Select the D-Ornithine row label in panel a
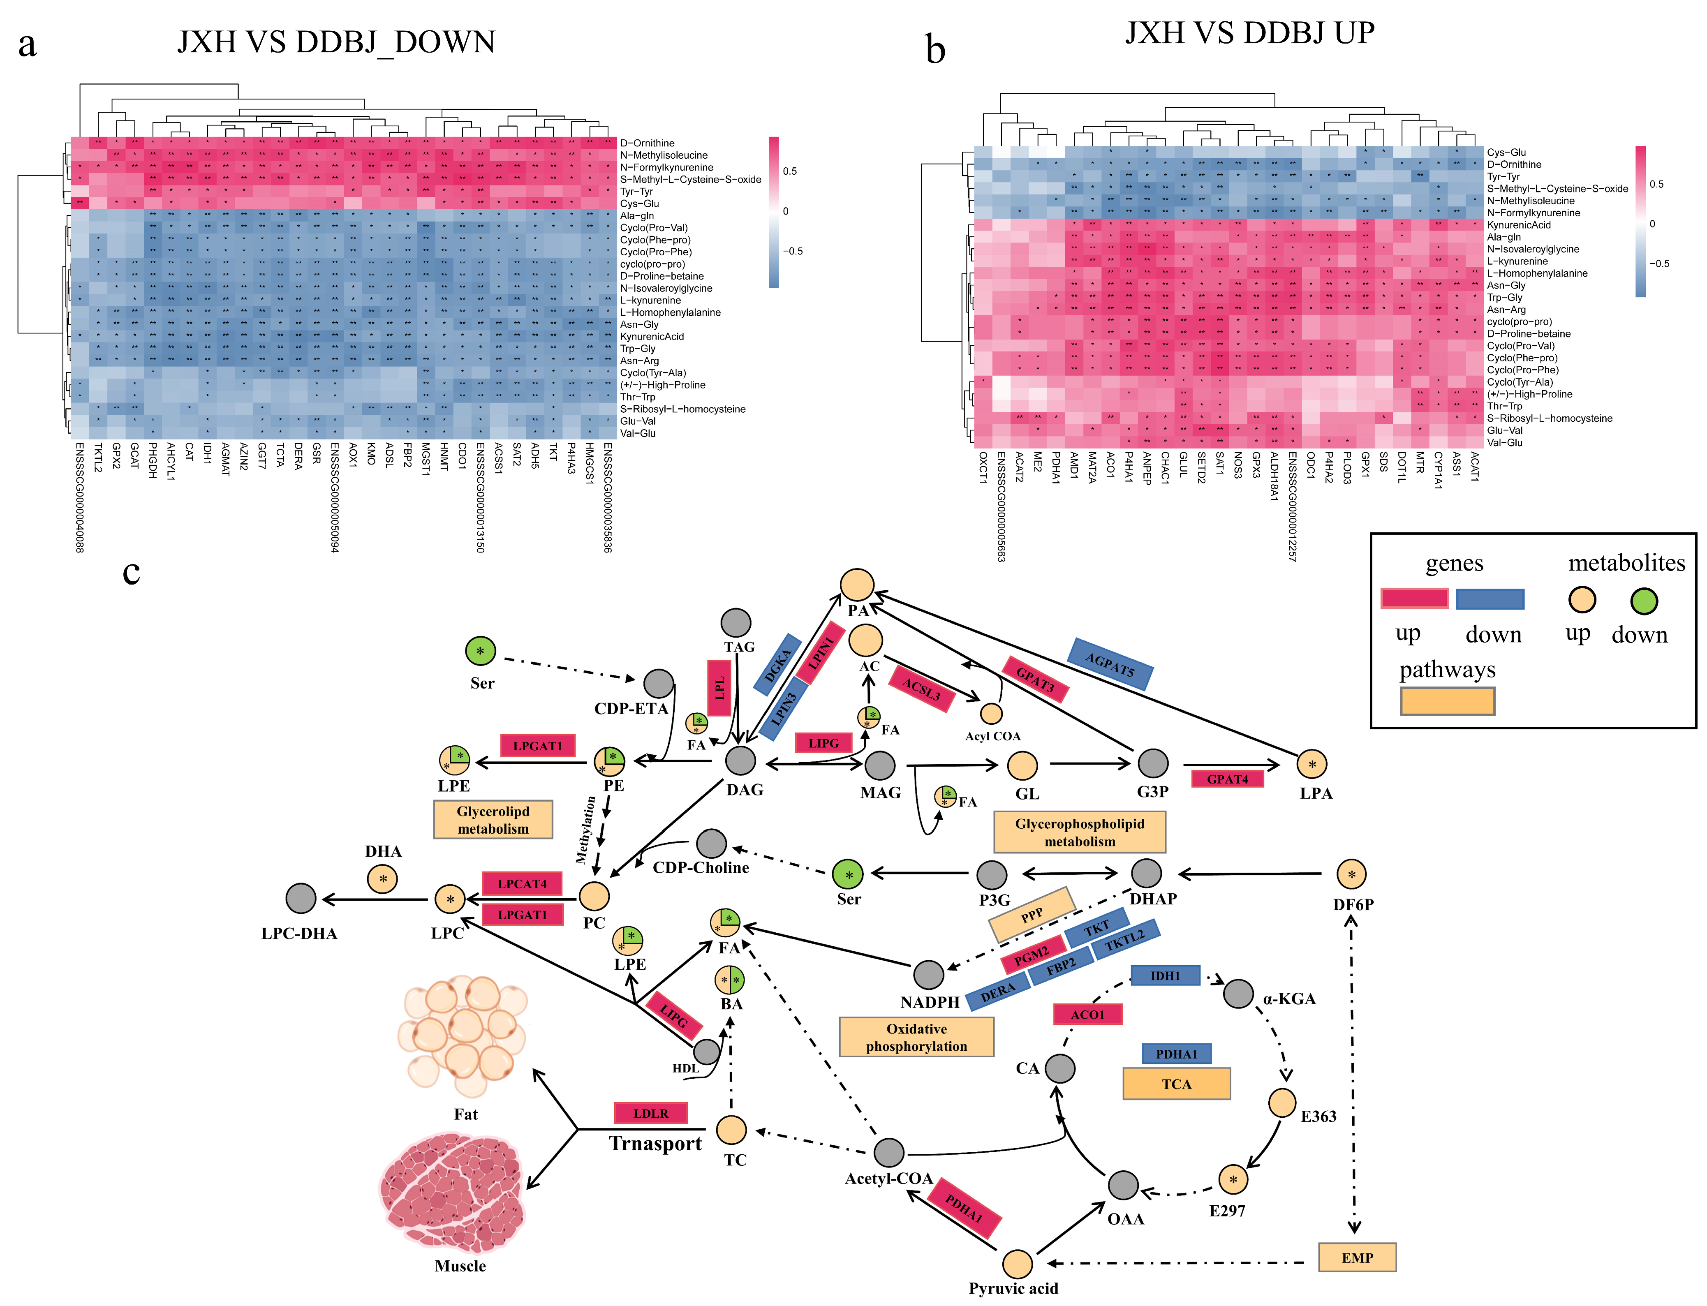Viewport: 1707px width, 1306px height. tap(647, 143)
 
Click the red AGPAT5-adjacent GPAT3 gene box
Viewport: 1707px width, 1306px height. tap(1035, 679)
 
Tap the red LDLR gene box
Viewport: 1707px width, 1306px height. tap(651, 1113)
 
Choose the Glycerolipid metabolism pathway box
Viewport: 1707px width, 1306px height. tap(493, 819)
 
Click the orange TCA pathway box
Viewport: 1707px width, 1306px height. tap(1176, 1084)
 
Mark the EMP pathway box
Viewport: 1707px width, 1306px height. tap(1357, 1257)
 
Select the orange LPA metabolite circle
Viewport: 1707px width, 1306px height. tap(1312, 764)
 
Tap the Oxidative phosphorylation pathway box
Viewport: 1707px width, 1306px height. tap(916, 1037)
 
